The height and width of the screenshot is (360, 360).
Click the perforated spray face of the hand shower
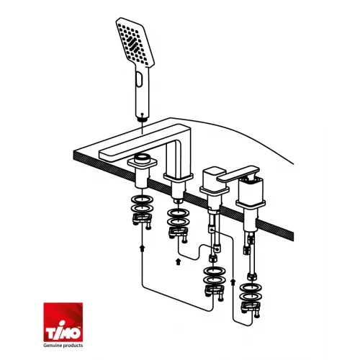(135, 42)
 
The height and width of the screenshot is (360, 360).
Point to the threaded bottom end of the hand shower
(143, 118)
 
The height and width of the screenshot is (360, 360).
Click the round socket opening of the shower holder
(143, 158)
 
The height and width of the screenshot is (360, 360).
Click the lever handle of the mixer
(238, 174)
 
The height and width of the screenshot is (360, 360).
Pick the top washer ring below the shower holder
(143, 200)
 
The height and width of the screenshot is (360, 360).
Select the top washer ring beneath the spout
(178, 213)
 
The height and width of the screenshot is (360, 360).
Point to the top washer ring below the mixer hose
(251, 287)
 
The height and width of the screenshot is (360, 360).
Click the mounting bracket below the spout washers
(178, 235)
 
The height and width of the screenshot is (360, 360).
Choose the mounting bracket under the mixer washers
(251, 309)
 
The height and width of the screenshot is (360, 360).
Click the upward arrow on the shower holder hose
(143, 248)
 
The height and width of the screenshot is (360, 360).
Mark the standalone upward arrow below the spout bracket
(178, 261)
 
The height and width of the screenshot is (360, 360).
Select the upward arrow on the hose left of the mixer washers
(233, 282)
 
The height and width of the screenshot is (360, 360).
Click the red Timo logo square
(63, 322)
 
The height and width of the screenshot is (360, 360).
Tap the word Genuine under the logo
(52, 346)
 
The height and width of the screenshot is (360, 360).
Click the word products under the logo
(72, 346)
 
